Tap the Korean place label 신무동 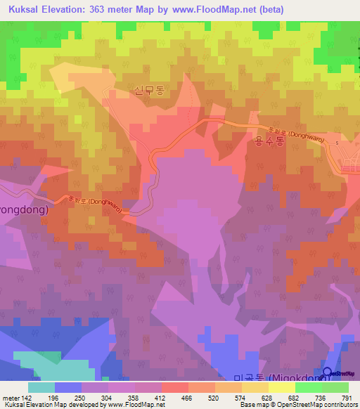[147, 89]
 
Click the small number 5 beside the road [337, 143]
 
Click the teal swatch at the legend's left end [41, 387]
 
